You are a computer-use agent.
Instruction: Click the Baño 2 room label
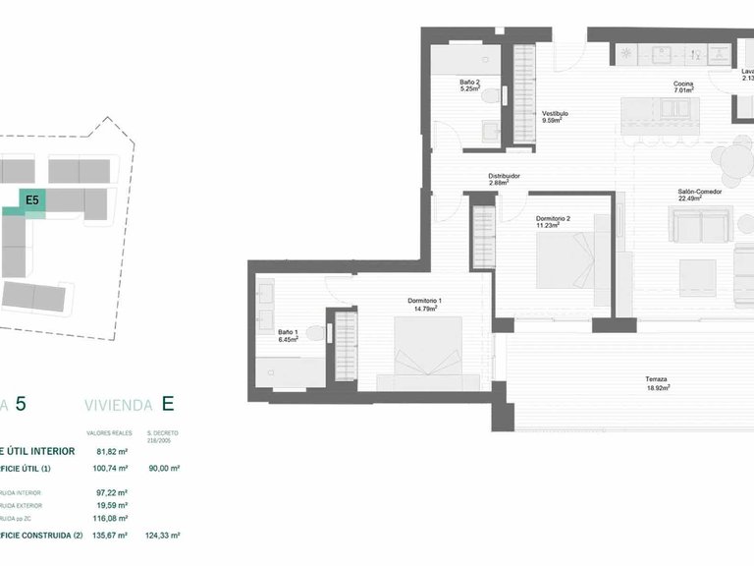(469, 82)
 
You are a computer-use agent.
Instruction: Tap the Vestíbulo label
(555, 113)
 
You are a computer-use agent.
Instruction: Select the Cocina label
(683, 84)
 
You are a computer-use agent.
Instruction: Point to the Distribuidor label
(504, 176)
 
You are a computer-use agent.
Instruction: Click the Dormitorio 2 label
(553, 218)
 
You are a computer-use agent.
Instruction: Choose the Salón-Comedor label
(699, 192)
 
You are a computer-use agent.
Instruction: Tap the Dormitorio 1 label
(425, 300)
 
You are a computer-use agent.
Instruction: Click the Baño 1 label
(287, 332)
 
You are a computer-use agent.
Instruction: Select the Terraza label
(657, 379)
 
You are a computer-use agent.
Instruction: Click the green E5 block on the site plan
(32, 199)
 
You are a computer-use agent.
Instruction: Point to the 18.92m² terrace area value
(657, 388)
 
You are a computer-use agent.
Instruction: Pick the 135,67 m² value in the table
(116, 535)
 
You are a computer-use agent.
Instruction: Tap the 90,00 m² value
(162, 469)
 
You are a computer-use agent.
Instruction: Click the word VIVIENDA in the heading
(118, 404)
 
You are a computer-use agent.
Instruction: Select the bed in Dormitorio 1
(425, 352)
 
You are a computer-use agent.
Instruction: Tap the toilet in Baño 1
(315, 333)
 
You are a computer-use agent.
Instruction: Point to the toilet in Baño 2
(502, 94)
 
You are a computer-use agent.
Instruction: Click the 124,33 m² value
(162, 535)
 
